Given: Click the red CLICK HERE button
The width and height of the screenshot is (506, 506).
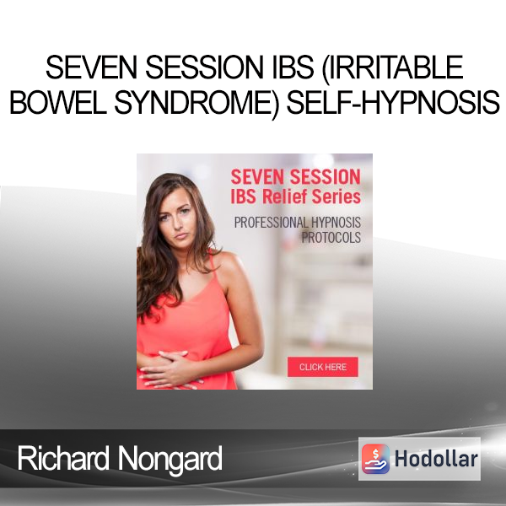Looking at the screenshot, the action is [323, 367].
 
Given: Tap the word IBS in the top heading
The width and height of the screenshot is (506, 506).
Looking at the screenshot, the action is [293, 67].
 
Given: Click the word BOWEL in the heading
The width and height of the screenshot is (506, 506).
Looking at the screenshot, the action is [58, 102].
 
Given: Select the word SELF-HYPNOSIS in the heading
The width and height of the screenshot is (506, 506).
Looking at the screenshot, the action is [393, 102].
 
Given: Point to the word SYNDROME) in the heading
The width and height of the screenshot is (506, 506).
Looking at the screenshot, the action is [196, 103].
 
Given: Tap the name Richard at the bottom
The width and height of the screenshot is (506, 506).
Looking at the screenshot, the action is [63, 458].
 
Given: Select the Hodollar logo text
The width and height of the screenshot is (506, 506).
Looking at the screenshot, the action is [436, 459].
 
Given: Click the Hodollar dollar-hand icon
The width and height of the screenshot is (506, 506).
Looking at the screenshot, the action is [375, 459].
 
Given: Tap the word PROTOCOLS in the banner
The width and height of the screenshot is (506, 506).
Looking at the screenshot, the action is [331, 237].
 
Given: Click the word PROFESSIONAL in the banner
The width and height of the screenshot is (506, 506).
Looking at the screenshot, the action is [271, 223].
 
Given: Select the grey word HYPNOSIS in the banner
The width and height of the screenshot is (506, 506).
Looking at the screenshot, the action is [336, 223].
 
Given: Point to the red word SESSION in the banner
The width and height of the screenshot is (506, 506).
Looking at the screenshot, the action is [325, 177].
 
